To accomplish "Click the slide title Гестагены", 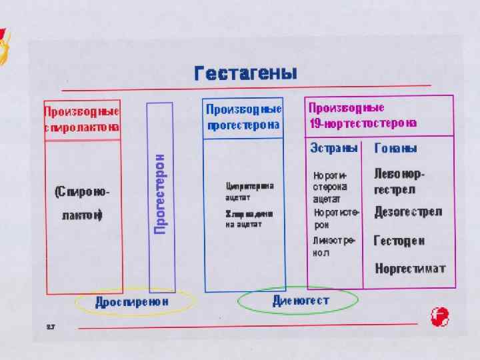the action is click(x=245, y=73).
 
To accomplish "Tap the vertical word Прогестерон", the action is click(x=160, y=194).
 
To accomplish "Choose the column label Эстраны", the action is click(x=334, y=148).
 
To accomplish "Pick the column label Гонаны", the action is click(x=396, y=148).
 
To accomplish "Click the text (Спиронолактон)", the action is click(x=82, y=203).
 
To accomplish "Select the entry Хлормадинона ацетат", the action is click(x=249, y=219).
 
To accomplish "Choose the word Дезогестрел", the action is click(x=408, y=212).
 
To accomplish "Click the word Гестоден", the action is click(x=399, y=241).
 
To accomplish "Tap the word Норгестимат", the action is click(x=409, y=269).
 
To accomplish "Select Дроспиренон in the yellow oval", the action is click(x=132, y=303).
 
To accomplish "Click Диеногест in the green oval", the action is click(x=301, y=301).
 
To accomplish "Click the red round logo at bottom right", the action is click(x=440, y=317).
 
